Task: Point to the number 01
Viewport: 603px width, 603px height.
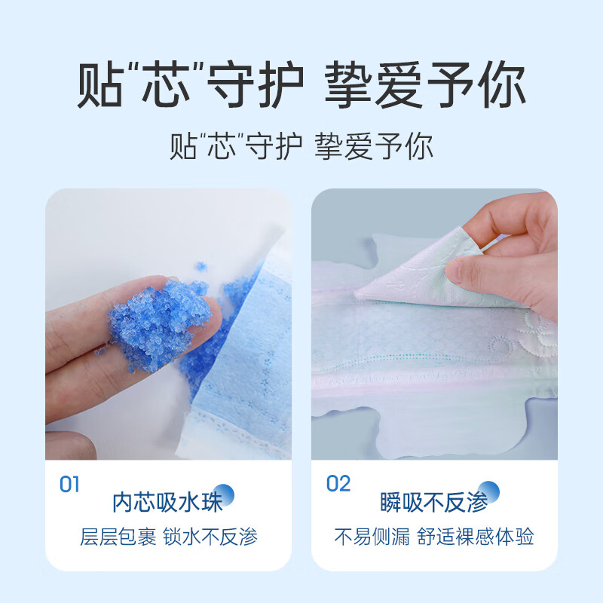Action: (x=69, y=484)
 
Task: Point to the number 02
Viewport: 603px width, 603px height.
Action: (x=338, y=484)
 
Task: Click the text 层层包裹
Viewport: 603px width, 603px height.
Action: (x=118, y=537)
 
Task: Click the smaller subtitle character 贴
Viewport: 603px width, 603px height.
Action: (x=182, y=145)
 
